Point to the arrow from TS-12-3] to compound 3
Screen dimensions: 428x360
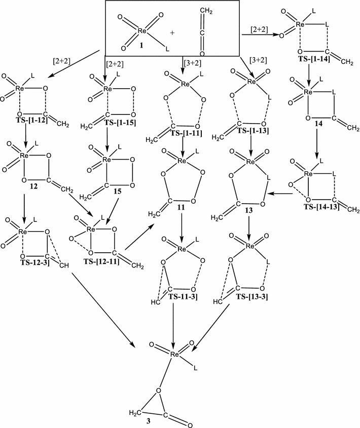coord(103,309)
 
